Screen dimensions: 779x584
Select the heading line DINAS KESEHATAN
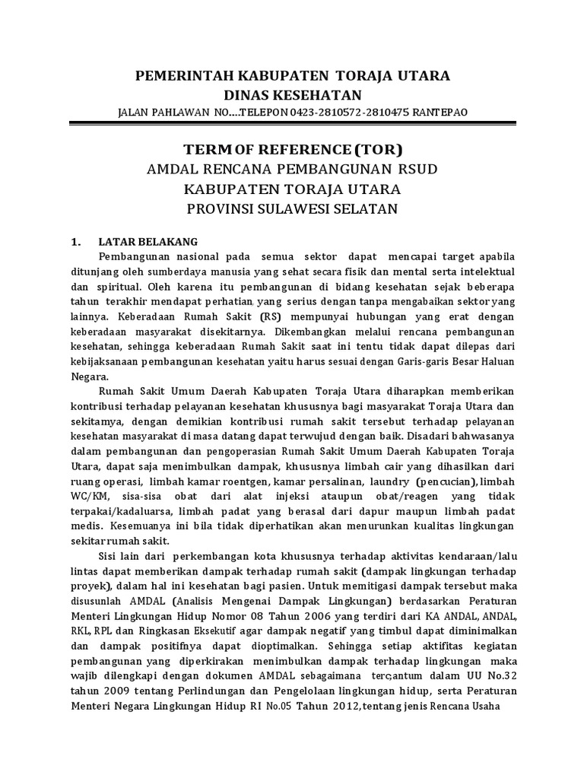click(x=292, y=94)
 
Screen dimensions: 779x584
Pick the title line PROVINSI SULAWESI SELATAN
click(x=292, y=208)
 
